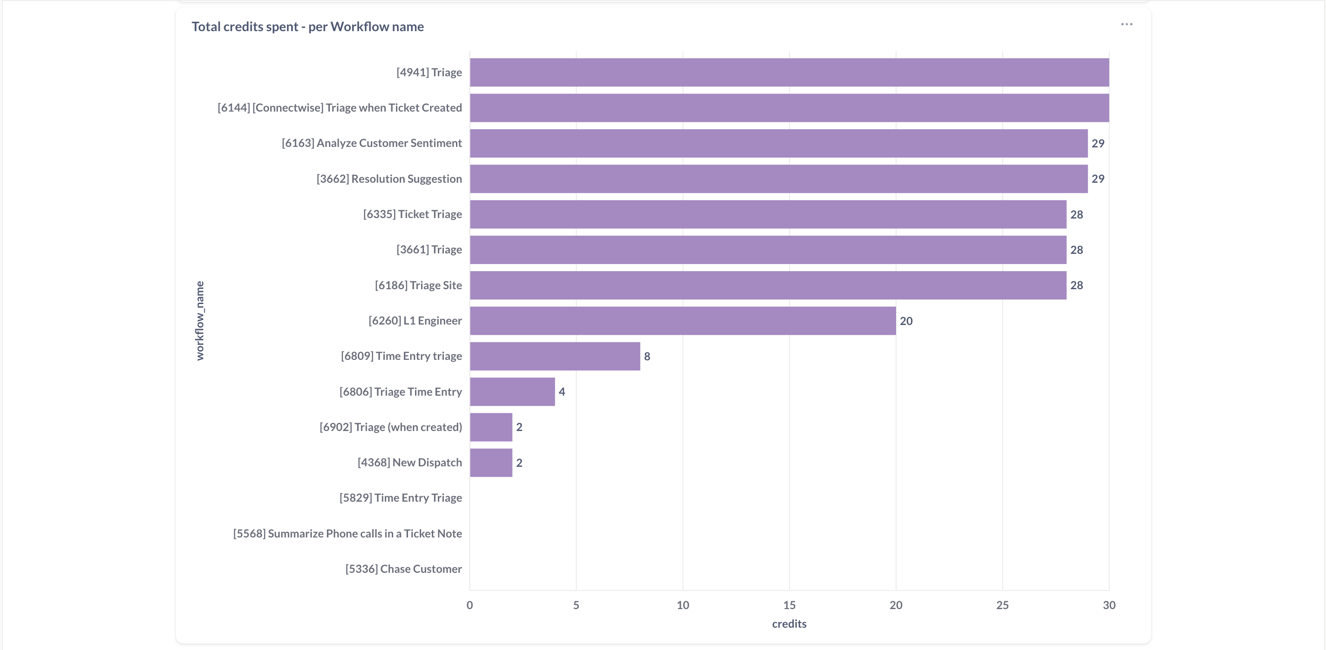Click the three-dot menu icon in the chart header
(1126, 25)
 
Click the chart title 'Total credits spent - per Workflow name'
(308, 27)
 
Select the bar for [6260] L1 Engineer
(683, 321)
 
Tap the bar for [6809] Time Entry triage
(555, 356)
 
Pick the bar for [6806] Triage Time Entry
(512, 392)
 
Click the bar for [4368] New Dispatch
(491, 463)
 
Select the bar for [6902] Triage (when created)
(491, 427)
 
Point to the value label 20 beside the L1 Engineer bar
(906, 321)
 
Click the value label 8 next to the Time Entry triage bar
(647, 356)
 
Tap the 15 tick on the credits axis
(789, 605)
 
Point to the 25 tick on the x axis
(1002, 605)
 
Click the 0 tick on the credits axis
(469, 605)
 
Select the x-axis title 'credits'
(789, 624)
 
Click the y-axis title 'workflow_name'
(200, 321)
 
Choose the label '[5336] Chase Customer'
(403, 569)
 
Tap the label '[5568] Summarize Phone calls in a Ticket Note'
(348, 534)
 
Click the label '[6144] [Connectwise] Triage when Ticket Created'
(340, 108)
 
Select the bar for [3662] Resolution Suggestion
(778, 179)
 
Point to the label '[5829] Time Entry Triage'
(401, 498)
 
